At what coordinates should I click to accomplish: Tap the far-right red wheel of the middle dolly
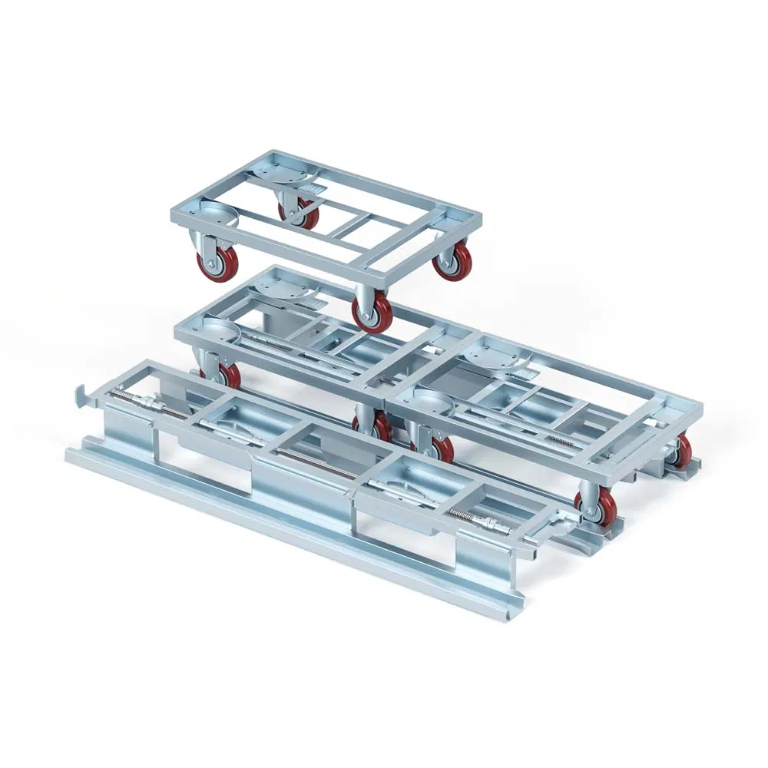coord(681,452)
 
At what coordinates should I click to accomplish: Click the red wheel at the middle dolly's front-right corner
coord(594,507)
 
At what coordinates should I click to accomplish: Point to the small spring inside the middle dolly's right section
coord(561,440)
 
